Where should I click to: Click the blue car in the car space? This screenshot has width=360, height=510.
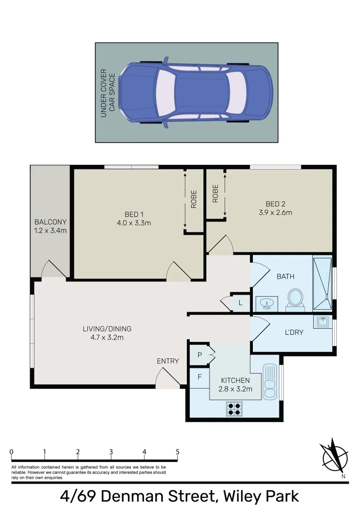click(x=195, y=93)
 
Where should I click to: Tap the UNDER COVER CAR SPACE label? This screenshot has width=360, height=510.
click(x=108, y=93)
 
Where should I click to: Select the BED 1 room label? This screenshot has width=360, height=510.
click(x=134, y=214)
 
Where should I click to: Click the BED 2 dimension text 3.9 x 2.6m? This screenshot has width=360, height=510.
click(x=276, y=212)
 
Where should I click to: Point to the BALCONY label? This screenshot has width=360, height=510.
click(x=50, y=222)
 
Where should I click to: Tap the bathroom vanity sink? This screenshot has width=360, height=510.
click(x=267, y=304)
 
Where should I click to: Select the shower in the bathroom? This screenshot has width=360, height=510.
click(x=322, y=281)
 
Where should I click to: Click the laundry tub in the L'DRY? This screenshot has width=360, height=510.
click(x=323, y=322)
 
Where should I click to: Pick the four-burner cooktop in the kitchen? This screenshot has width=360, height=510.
click(x=234, y=408)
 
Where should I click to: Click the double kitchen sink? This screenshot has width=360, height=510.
click(x=269, y=382)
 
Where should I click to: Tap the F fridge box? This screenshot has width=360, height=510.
click(x=200, y=377)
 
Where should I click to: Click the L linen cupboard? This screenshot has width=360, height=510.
click(x=240, y=303)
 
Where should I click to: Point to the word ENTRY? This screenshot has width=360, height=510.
click(x=168, y=361)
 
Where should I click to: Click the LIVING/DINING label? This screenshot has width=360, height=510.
click(x=107, y=329)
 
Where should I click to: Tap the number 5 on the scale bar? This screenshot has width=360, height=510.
click(x=177, y=451)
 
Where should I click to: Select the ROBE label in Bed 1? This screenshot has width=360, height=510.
click(x=193, y=199)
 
